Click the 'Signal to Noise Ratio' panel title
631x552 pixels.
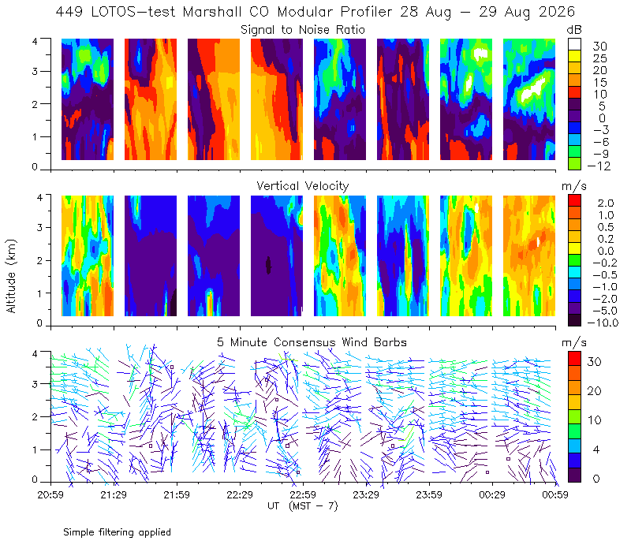303,30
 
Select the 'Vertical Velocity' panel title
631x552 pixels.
303,186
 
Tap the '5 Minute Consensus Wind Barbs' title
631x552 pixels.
312,342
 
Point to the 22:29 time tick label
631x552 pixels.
240,494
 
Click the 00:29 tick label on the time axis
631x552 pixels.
492,494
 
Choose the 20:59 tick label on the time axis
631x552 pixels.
50,494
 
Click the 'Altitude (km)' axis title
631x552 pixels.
11,276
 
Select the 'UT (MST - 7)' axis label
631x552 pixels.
303,506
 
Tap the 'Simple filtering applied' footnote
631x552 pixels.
117,532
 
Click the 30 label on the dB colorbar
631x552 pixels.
599,47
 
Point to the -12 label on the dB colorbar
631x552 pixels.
599,166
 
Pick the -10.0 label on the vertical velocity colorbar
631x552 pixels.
603,323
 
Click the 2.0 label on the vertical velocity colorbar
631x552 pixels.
606,203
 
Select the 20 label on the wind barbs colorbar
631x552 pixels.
595,391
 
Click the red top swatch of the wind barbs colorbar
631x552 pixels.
574,358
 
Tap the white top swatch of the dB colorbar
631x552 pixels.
574,44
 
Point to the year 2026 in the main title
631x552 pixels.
557,12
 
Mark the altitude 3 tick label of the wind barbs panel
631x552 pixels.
35,384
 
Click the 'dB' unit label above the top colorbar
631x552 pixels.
574,30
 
